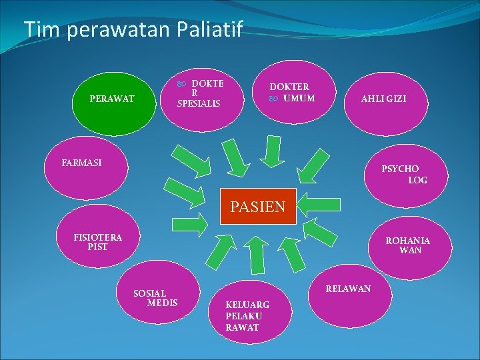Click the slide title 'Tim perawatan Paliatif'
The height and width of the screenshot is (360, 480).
pyautogui.click(x=134, y=29)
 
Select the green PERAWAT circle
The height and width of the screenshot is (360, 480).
pyautogui.click(x=112, y=99)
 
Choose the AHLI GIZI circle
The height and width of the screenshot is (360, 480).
pyautogui.click(x=383, y=99)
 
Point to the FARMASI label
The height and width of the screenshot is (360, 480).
pyautogui.click(x=81, y=163)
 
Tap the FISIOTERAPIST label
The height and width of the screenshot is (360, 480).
pyautogui.click(x=97, y=241)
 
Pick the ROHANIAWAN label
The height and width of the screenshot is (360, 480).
pyautogui.click(x=408, y=245)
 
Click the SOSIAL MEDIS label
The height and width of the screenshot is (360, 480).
pyautogui.click(x=155, y=298)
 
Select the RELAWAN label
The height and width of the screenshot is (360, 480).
pyautogui.click(x=348, y=289)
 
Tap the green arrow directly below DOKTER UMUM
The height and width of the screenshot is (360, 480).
pyautogui.click(x=271, y=149)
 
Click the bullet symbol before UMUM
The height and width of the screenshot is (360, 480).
pyautogui.click(x=272, y=99)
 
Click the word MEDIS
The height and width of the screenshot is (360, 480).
pyautogui.click(x=163, y=303)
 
